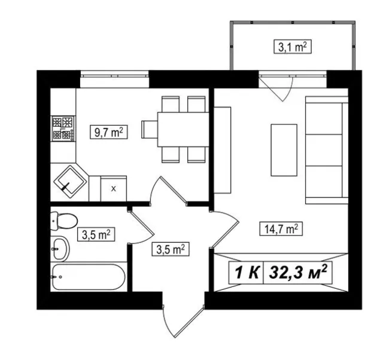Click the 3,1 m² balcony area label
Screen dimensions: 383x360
(293, 47)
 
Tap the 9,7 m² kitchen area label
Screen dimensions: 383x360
(109, 132)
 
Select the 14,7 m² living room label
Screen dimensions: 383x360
(281, 228)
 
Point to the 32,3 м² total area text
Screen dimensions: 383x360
(298, 272)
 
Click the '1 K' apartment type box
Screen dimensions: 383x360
(246, 272)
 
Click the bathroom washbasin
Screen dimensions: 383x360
(60, 249)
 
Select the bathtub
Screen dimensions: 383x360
(89, 277)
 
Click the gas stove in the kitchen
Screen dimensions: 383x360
(63, 128)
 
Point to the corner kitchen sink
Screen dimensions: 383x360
(71, 182)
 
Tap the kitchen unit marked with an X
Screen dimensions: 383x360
(114, 188)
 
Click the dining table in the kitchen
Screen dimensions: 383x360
(183, 129)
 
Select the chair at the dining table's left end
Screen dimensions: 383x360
(150, 129)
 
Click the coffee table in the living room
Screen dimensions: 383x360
(284, 150)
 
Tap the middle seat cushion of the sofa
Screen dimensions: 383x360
(324, 150)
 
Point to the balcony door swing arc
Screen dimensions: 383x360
(288, 90)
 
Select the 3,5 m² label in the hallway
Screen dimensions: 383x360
(171, 249)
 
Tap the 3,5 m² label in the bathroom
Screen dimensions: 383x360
(96, 234)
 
